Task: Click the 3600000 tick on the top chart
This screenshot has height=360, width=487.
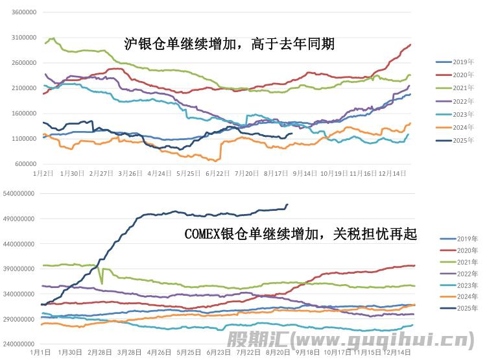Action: (24, 12)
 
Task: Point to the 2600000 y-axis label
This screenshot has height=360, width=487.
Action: (24, 63)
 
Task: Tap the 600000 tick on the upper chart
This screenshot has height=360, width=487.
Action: (26, 163)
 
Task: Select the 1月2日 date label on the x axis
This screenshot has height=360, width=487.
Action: (43, 174)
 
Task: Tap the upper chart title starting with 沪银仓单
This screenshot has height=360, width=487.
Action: (230, 44)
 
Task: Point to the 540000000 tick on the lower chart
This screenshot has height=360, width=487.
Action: (20, 194)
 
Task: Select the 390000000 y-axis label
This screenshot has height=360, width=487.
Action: (20, 269)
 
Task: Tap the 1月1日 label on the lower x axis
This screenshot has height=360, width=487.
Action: (42, 353)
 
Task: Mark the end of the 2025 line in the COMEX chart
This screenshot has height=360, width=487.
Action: (287, 205)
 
